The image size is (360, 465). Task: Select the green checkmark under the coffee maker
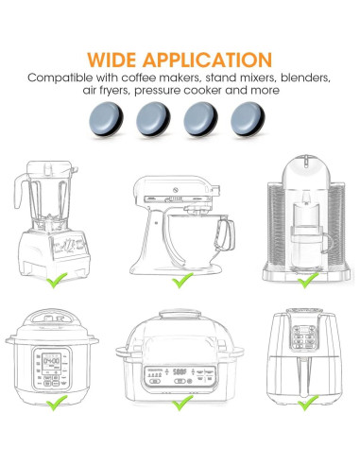click(x=303, y=280)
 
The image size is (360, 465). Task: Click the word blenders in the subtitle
click(x=300, y=76)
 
